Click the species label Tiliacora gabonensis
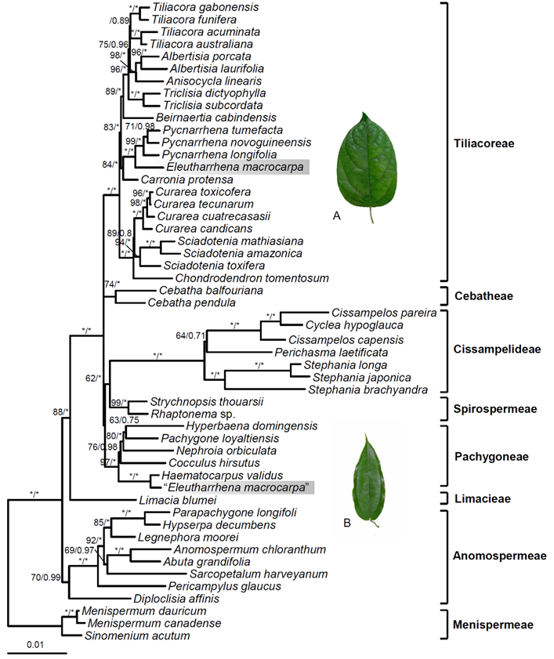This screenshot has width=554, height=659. click(x=205, y=7)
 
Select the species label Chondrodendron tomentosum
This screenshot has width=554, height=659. click(x=252, y=278)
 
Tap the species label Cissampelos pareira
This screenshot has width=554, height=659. click(x=384, y=313)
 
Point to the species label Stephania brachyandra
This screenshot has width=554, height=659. click(x=368, y=390)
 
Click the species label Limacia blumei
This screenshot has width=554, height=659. click(x=178, y=500)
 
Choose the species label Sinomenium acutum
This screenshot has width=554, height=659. click(x=137, y=636)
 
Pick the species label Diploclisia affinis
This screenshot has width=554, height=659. click(x=176, y=599)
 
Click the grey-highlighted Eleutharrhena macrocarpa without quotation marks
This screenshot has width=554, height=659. click(x=234, y=167)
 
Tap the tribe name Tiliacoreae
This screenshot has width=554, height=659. click(x=483, y=143)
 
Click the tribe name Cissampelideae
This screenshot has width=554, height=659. click(x=497, y=349)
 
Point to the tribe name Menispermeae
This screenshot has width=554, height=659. click(x=493, y=625)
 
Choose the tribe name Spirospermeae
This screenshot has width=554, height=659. click(x=494, y=409)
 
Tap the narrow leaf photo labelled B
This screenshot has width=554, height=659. click(x=368, y=480)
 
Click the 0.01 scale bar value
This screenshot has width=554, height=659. click(x=35, y=645)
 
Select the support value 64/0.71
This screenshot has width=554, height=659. click(x=190, y=336)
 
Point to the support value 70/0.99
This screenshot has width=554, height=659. click(x=45, y=578)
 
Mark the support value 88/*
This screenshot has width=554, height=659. click(x=60, y=412)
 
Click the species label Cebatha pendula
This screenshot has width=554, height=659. click(x=191, y=303)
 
